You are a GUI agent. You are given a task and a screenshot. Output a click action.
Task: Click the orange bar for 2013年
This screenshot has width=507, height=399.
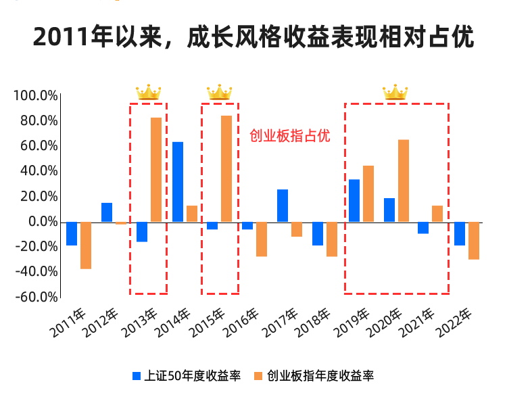click(156, 170)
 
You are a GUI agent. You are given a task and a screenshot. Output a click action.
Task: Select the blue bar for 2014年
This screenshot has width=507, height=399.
click(178, 182)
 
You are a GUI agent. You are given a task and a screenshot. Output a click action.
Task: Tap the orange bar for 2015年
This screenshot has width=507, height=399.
click(226, 168)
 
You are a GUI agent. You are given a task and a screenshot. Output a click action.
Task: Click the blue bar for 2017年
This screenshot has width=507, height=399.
click(283, 206)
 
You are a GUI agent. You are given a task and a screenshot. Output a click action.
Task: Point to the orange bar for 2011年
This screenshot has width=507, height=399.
click(86, 245)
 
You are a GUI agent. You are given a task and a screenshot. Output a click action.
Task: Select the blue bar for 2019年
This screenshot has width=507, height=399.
click(354, 200)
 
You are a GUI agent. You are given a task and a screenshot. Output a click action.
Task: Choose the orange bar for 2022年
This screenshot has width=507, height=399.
click(474, 240)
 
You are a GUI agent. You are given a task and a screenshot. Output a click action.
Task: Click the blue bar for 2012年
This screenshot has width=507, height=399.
click(107, 212)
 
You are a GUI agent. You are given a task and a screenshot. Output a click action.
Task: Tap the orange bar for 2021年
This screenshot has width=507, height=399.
click(437, 214)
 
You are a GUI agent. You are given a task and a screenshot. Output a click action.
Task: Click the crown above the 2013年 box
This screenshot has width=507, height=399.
click(148, 92)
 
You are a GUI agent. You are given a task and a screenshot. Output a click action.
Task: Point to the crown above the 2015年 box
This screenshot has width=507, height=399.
click(219, 92)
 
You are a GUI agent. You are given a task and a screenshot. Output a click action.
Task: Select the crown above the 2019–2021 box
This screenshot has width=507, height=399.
click(395, 92)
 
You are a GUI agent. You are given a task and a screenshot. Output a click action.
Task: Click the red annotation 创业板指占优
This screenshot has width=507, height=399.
click(290, 136)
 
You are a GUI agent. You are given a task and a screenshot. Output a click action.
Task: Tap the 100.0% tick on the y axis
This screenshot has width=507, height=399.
click(35, 95)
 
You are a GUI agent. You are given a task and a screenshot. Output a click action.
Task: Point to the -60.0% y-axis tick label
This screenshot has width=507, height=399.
click(35, 297)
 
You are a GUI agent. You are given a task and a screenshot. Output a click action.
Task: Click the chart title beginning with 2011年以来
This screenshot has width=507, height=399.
click(254, 37)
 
